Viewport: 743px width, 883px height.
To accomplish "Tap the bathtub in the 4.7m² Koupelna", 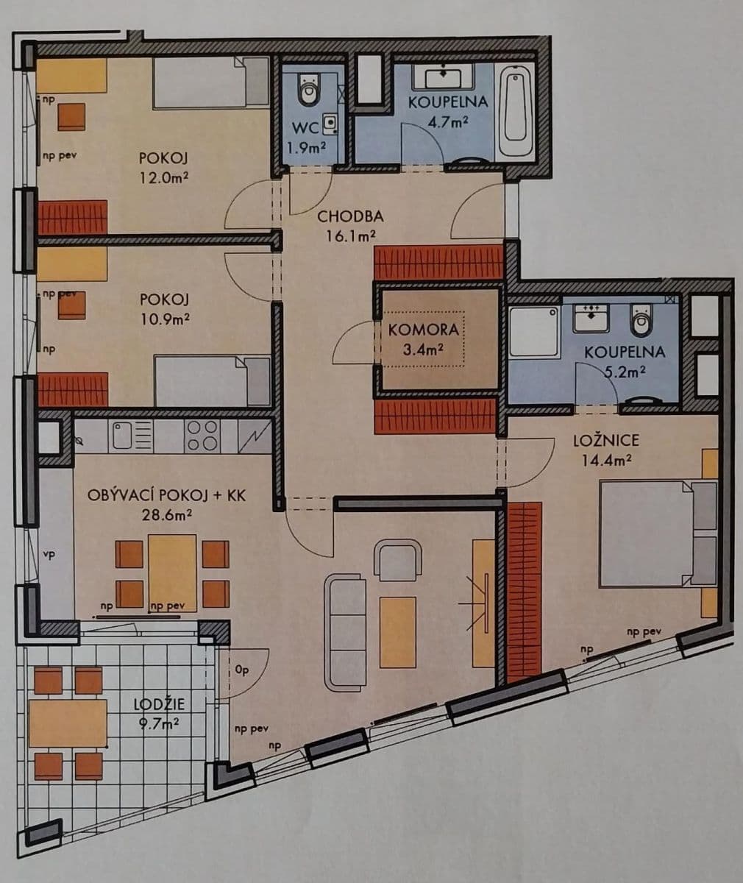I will [x=516, y=110].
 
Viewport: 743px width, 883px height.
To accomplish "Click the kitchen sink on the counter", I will [x=132, y=436].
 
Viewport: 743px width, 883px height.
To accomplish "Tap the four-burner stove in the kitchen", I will [x=202, y=436].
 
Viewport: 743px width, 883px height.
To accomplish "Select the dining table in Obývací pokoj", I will [x=172, y=572].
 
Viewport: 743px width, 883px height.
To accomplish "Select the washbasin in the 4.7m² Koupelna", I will [x=444, y=77].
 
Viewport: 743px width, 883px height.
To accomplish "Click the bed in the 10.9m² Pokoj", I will [x=212, y=380].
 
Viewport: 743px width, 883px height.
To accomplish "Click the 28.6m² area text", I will [x=167, y=514].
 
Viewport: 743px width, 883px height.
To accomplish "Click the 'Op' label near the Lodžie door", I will [x=241, y=670].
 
